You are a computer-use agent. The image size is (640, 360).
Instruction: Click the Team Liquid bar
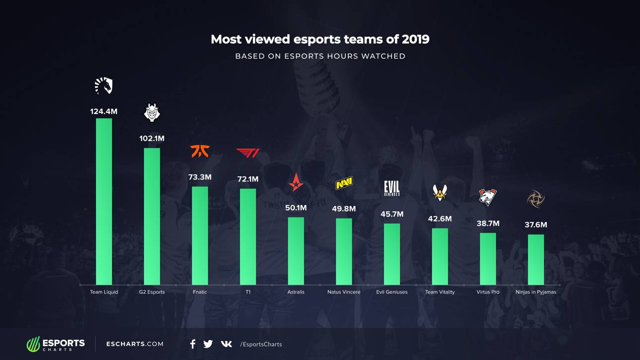click(x=104, y=201)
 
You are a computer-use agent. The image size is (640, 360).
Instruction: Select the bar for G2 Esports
click(x=152, y=216)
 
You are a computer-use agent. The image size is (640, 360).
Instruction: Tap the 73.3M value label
click(x=200, y=177)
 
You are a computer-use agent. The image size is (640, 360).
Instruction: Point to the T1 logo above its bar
click(x=248, y=153)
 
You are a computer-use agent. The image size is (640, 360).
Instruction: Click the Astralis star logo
click(x=296, y=183)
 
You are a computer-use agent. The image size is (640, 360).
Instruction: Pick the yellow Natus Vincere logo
click(x=344, y=183)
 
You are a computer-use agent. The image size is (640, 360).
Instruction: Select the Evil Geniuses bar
click(x=392, y=254)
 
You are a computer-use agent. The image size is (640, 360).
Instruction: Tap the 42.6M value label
click(x=440, y=219)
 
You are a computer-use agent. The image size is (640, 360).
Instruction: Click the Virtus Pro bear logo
click(x=488, y=197)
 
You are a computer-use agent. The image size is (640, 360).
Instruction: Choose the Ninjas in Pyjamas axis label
click(x=536, y=292)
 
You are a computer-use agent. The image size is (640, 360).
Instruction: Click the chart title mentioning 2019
click(x=320, y=39)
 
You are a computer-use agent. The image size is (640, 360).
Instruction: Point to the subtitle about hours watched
click(x=320, y=56)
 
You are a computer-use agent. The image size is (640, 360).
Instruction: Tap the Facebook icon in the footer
click(x=192, y=344)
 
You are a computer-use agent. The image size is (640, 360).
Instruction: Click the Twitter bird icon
click(x=208, y=344)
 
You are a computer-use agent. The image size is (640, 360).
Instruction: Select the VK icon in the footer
click(x=226, y=344)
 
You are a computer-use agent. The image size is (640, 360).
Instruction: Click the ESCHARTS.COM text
click(x=135, y=344)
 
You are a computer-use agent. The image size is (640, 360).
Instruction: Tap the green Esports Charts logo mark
click(x=33, y=344)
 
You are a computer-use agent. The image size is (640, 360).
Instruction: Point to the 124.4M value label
click(x=104, y=112)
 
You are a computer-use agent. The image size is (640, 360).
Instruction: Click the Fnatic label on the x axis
click(x=200, y=292)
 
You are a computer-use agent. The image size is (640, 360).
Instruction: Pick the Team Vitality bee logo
click(x=440, y=192)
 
